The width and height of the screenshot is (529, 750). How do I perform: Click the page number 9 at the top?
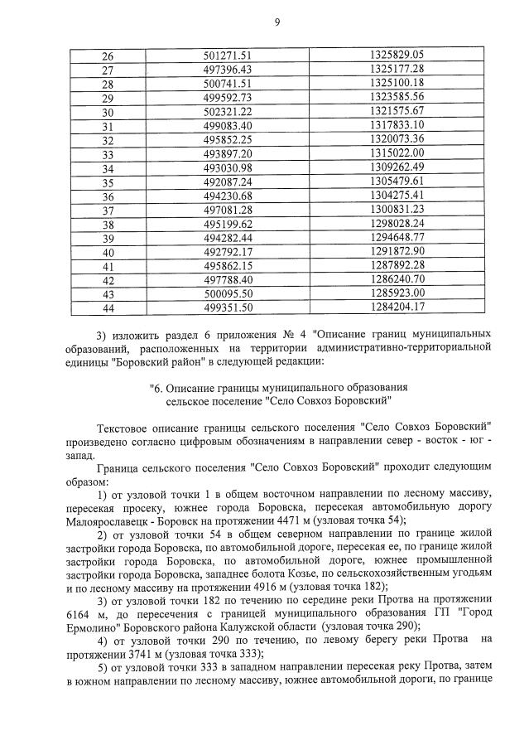(x=277, y=23)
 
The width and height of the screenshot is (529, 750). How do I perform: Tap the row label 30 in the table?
(x=107, y=112)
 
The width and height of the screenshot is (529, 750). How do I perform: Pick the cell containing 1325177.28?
(x=397, y=69)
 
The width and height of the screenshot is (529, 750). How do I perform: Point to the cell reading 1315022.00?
(x=397, y=154)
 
